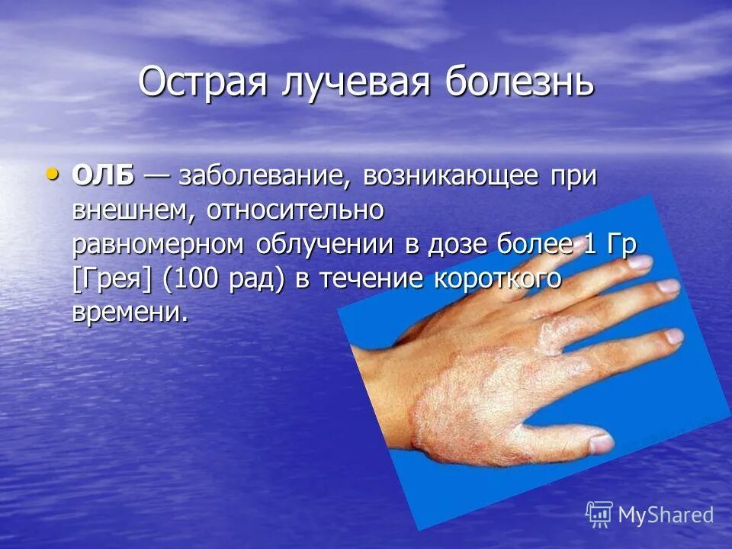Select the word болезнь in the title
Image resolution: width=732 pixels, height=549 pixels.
(x=518, y=82)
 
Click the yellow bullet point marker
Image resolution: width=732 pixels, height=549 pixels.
(x=52, y=174)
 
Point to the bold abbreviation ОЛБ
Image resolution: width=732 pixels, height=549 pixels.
(x=103, y=176)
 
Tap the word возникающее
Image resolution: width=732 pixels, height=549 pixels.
(x=446, y=178)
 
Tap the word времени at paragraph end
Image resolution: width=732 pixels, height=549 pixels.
(x=128, y=313)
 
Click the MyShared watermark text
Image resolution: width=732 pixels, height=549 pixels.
(x=665, y=515)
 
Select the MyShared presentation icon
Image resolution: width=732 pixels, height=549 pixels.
(x=599, y=513)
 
